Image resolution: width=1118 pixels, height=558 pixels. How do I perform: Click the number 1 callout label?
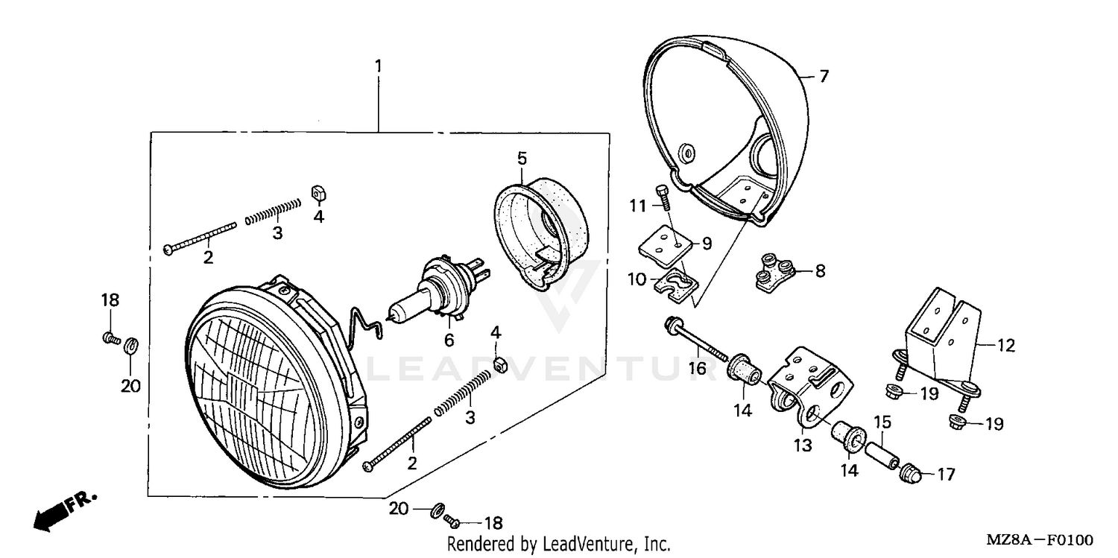click(378, 67)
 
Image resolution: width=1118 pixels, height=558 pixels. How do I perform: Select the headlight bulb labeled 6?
click(432, 294)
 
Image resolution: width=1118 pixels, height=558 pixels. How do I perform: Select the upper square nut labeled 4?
click(318, 193)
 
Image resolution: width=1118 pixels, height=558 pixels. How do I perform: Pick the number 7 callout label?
click(824, 77)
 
